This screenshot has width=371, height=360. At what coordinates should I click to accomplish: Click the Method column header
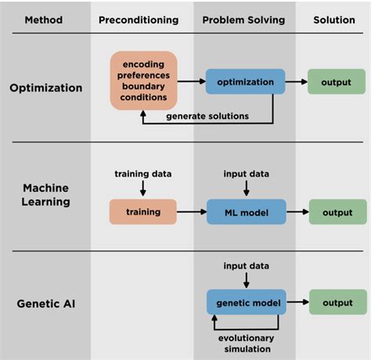click(x=45, y=19)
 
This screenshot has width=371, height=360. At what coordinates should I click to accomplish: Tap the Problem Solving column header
click(x=244, y=19)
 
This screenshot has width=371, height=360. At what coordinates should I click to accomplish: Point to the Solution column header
click(x=335, y=19)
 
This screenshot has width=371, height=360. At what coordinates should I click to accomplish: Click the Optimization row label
click(x=45, y=88)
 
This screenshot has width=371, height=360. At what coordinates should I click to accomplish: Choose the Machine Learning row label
click(x=45, y=196)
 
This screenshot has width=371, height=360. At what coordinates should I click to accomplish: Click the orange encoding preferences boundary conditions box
click(x=143, y=81)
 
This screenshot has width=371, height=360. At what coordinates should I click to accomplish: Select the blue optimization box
click(x=245, y=81)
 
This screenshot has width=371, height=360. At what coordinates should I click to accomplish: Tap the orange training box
click(x=143, y=211)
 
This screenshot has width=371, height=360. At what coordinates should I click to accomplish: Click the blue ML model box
click(x=245, y=211)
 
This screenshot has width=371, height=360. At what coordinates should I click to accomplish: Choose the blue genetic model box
click(x=245, y=302)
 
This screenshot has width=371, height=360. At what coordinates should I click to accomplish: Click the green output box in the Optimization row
click(x=337, y=81)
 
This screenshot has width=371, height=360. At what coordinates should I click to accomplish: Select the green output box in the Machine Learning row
click(x=337, y=211)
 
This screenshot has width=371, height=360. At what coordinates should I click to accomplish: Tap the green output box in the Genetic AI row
click(x=337, y=302)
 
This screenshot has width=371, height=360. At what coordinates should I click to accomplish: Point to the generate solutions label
click(x=207, y=116)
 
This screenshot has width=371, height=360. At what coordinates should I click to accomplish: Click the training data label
click(x=143, y=173)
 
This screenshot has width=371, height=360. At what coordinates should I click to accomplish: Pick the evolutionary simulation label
click(x=246, y=344)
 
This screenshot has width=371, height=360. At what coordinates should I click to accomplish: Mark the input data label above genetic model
click(x=246, y=267)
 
